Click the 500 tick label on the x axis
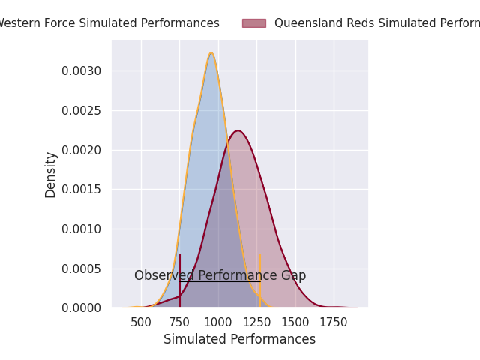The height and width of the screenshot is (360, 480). tap(141, 322)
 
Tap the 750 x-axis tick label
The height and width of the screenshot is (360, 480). tap(179, 322)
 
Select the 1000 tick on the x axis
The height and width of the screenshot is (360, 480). tap(218, 322)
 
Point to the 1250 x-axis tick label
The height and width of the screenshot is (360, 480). tap(256, 322)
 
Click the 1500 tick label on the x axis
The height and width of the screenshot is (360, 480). tap(295, 322)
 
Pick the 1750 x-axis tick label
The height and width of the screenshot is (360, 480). tap(334, 322)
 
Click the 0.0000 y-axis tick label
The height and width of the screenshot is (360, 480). tap(82, 308)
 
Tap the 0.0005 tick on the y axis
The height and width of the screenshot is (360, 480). tap(82, 268)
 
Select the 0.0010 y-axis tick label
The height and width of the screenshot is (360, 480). tap(82, 229)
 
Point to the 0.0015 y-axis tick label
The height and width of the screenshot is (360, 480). tap(82, 190)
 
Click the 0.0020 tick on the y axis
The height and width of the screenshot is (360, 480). tap(82, 150)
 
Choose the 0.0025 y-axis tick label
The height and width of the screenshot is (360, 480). tap(82, 110)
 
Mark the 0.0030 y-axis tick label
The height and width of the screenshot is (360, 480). tap(82, 71)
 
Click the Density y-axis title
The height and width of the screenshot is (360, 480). tap(51, 174)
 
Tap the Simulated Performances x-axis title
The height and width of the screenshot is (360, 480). tap(239, 340)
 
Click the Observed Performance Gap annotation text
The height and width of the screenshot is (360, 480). tap(220, 275)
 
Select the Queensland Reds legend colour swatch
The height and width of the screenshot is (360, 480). tap(253, 23)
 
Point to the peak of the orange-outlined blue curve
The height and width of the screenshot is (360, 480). tap(211, 52)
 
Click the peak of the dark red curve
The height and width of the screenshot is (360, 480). tap(238, 130)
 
